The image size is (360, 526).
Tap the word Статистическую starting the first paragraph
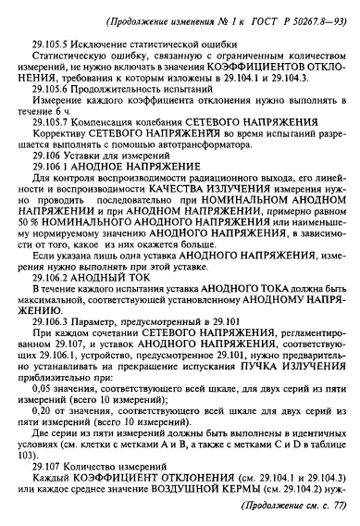[71, 57]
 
